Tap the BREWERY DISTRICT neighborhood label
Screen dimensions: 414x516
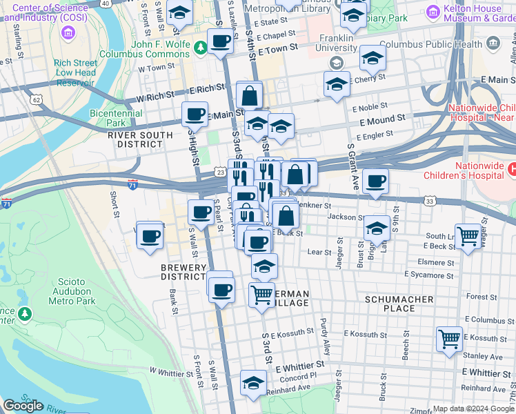pos(184,272)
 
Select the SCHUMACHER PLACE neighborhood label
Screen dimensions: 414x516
pos(399,304)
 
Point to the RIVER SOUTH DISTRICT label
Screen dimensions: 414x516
pos(136,139)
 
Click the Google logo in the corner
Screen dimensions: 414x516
pos(23,406)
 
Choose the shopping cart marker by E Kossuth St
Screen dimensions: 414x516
pos(449,339)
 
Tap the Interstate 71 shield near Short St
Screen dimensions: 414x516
pos(132,184)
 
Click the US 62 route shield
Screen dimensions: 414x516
pos(36,99)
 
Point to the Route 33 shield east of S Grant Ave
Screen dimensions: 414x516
pos(430,201)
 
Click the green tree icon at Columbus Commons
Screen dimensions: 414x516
pos(200,48)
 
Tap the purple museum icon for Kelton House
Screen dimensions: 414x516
pos(433,12)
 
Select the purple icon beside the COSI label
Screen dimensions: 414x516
pos(68,32)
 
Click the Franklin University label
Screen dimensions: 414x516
pos(336,43)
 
